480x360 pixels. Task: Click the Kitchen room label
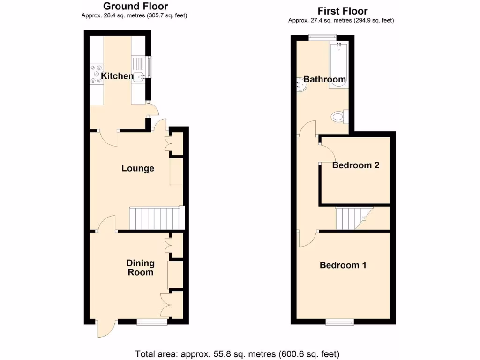click(x=117, y=76)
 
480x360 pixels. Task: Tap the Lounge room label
click(x=138, y=168)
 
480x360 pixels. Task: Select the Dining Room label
click(x=141, y=268)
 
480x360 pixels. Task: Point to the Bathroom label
click(x=325, y=79)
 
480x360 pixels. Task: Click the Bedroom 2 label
click(x=356, y=165)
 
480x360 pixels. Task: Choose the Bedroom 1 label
click(x=343, y=265)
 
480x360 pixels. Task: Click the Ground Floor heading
click(x=135, y=6)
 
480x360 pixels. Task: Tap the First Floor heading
click(x=343, y=11)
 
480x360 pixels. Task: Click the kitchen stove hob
click(x=97, y=76)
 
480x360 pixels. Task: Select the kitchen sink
click(x=139, y=75)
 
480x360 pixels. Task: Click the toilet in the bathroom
click(x=338, y=116)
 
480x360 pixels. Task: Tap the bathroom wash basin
click(x=300, y=85)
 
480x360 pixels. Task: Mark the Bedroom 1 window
click(x=340, y=322)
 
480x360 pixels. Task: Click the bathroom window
click(x=322, y=36)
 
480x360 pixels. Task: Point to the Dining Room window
click(x=152, y=322)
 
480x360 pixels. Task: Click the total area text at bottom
click(x=237, y=354)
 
